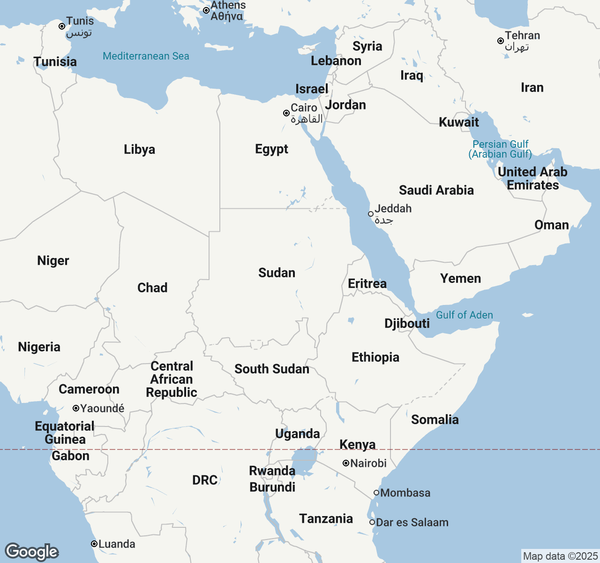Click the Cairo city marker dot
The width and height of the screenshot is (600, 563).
(x=286, y=113)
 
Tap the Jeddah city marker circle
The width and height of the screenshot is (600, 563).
(x=371, y=214)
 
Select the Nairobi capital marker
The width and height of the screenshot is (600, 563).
(x=346, y=463)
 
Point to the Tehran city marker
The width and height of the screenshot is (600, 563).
(x=501, y=41)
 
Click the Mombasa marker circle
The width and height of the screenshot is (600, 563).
(x=376, y=493)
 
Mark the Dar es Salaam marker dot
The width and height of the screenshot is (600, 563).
(x=372, y=522)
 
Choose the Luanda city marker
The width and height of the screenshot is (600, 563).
(x=94, y=544)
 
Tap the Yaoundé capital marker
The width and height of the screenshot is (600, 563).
(x=76, y=408)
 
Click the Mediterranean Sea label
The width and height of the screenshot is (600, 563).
(x=146, y=56)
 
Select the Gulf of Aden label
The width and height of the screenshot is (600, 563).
(x=464, y=315)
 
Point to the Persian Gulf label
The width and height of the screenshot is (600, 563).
(x=500, y=149)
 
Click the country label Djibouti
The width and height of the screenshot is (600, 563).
(x=407, y=323)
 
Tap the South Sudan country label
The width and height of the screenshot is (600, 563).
(x=272, y=369)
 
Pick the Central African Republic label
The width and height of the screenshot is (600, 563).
(x=172, y=379)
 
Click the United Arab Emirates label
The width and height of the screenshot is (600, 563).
(x=532, y=178)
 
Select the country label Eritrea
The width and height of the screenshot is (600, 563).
(x=367, y=283)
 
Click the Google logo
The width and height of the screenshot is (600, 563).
(x=31, y=552)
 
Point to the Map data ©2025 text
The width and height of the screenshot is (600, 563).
(x=560, y=556)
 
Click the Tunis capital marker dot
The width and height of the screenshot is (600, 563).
(x=62, y=26)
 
